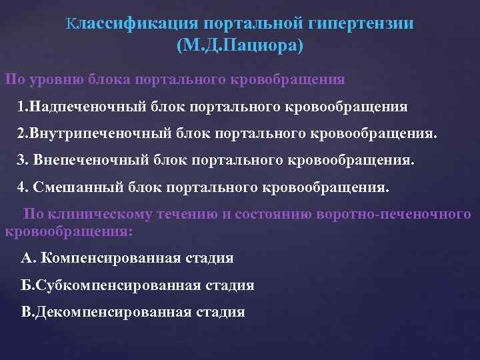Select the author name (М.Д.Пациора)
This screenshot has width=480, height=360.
240,46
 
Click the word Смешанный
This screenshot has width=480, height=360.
75,187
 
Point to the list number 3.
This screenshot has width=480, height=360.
22,161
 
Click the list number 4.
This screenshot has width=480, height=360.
22,187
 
